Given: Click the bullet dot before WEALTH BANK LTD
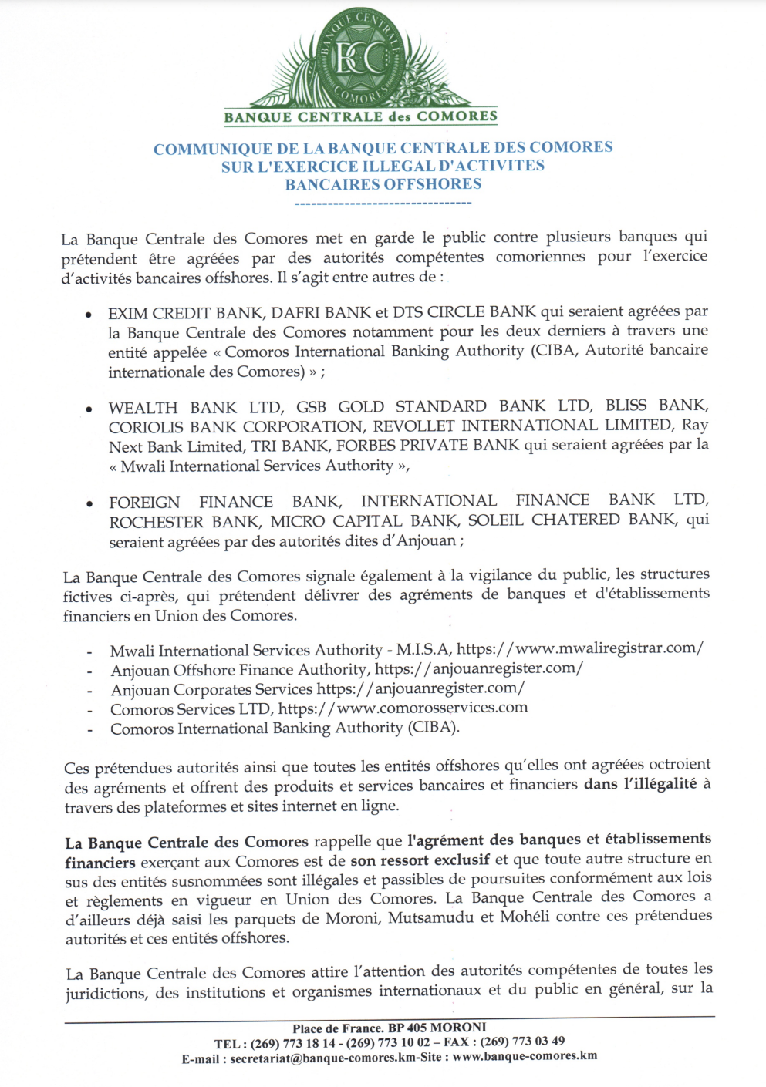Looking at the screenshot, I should click(89, 409).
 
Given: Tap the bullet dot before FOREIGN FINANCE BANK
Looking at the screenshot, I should click(90, 504).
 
